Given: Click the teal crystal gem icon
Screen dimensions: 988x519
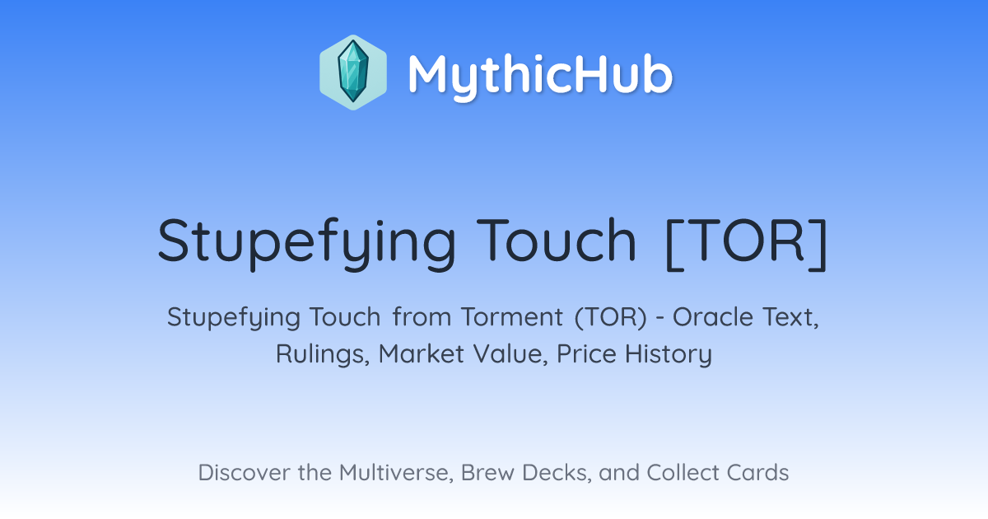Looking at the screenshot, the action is click(x=353, y=72).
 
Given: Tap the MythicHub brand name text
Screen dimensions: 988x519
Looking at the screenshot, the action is click(x=540, y=74).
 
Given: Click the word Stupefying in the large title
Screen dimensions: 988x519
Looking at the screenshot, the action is click(x=306, y=243).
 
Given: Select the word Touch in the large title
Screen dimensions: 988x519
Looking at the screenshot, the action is click(x=557, y=240).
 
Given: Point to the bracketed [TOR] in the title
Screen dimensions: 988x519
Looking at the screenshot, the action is click(x=746, y=244).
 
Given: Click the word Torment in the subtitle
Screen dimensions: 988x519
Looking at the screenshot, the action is click(x=512, y=317).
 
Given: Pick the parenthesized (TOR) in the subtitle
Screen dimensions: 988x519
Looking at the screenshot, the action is click(x=610, y=317).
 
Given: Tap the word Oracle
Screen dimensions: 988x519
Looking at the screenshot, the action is click(x=712, y=317).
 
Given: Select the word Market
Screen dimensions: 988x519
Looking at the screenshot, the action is click(x=422, y=353).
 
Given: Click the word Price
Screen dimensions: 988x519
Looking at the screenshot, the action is click(x=586, y=353).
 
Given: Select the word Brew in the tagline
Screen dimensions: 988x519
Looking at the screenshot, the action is click(x=487, y=473).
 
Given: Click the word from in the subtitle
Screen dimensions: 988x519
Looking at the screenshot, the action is click(x=422, y=317).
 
